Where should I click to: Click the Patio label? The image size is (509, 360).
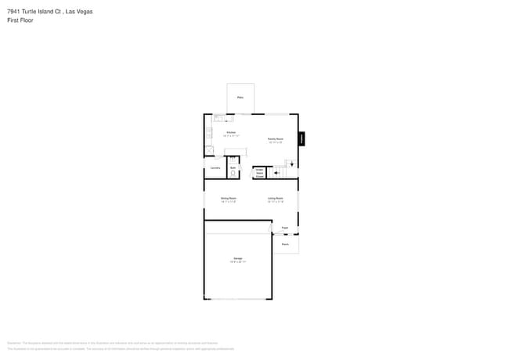[240, 98]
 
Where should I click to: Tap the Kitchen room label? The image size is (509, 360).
[231, 132]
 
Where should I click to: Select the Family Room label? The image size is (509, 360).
[275, 139]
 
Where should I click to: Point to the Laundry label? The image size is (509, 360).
[215, 167]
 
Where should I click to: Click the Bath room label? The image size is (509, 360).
[233, 167]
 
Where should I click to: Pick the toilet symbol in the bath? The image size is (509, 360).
[233, 174]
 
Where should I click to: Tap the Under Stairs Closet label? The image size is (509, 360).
[259, 173]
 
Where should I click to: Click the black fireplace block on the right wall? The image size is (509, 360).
[301, 139]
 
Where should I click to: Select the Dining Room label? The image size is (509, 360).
[228, 199]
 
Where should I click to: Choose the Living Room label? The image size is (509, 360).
[275, 199]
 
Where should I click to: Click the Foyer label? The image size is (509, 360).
[284, 228]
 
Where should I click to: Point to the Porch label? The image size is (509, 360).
[285, 244]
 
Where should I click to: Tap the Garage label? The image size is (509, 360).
[237, 257]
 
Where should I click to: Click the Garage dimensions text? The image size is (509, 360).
[237, 261]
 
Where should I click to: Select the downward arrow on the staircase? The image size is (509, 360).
[293, 164]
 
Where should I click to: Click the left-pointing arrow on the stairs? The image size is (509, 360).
[276, 174]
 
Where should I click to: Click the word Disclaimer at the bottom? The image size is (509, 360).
[13, 343]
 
